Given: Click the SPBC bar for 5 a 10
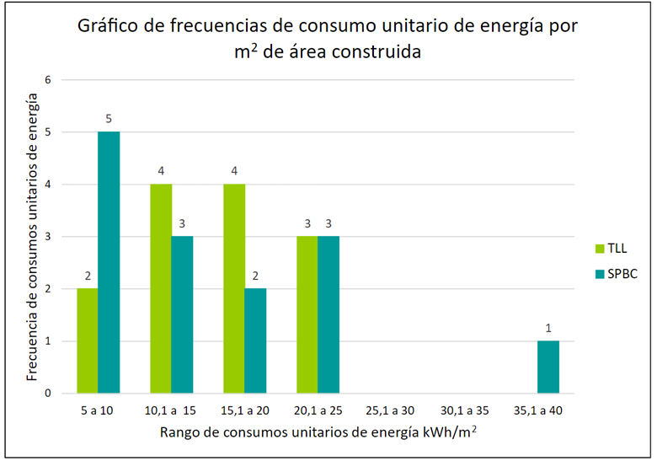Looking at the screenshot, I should (x=109, y=262).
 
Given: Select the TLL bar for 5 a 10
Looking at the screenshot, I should (x=88, y=340).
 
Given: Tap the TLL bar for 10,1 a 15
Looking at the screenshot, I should (x=161, y=288).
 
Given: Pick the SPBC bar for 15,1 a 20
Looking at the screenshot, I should (x=255, y=340).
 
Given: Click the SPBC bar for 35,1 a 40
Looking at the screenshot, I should (x=548, y=367).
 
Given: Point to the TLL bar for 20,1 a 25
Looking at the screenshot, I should (x=307, y=314).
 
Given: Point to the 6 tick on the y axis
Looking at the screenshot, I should (x=48, y=80).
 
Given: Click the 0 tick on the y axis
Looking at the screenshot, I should (x=48, y=393).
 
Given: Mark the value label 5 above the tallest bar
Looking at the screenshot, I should (x=109, y=119).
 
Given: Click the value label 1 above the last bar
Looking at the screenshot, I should (x=548, y=328).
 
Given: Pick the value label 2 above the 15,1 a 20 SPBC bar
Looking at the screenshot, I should (x=255, y=276).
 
